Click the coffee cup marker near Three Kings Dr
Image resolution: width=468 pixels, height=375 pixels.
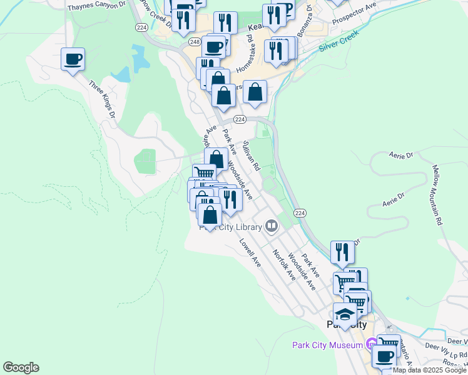tap(73, 59)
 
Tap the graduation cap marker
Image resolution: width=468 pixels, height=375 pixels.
tap(345, 314)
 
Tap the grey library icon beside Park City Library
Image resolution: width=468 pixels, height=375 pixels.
tap(272, 226)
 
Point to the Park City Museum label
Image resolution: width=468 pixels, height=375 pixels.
tap(328, 345)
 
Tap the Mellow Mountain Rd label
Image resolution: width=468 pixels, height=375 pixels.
tap(437, 195)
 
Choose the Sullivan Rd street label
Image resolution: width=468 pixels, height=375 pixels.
tap(251, 152)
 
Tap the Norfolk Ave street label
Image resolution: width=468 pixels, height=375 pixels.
tap(283, 264)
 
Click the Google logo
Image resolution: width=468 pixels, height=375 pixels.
tap(21, 367)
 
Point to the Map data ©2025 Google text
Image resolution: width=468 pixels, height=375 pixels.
tap(430, 370)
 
